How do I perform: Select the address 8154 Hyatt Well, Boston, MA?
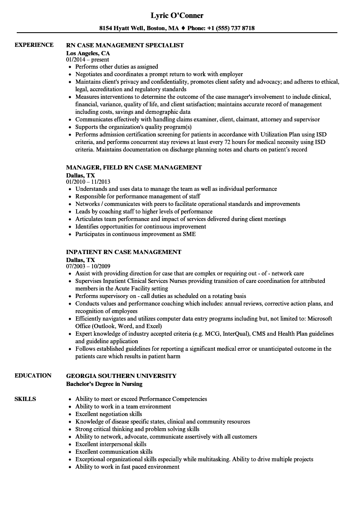point(139,28)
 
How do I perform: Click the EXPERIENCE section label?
point(34,45)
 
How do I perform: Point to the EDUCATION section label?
point(33,375)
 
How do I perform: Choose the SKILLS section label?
point(25,399)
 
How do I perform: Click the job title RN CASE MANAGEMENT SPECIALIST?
point(125,45)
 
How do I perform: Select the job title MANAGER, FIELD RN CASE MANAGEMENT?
point(134,167)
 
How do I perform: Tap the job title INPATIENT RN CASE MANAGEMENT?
point(123,252)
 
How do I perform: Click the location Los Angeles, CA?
point(88,53)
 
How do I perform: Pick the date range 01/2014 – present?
point(87,60)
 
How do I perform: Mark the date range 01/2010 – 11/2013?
point(88,182)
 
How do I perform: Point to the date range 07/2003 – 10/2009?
point(88,267)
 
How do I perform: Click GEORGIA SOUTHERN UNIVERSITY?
point(121,376)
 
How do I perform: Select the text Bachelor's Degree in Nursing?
point(104,384)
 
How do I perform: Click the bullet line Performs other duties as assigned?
point(116,67)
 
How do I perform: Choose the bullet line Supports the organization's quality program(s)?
point(133,127)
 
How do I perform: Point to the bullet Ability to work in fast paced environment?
point(127,467)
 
